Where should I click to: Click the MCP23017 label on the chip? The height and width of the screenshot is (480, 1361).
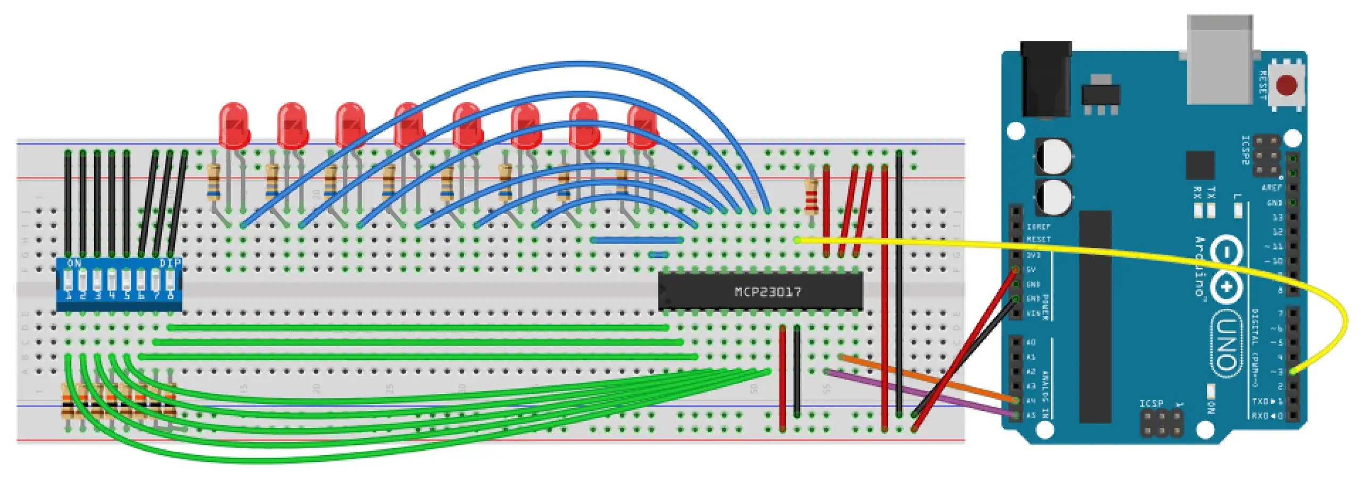(767, 292)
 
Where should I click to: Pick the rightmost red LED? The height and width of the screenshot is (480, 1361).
(642, 127)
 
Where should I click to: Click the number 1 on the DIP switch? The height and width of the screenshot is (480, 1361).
(68, 295)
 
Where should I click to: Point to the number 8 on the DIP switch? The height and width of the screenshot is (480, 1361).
(170, 295)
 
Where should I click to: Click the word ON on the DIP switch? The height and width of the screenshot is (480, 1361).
(74, 263)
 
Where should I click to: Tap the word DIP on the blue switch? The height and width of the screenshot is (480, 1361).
(170, 263)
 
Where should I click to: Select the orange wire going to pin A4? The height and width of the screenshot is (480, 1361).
(925, 378)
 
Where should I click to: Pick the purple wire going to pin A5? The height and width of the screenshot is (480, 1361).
(920, 393)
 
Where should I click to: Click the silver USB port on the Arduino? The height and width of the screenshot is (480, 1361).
(1220, 58)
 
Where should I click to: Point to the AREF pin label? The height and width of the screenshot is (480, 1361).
(1272, 188)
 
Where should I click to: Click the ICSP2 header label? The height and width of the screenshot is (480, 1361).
(1245, 150)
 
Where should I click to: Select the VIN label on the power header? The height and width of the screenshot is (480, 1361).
(1032, 314)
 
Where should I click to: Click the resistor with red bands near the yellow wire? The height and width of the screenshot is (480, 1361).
(811, 196)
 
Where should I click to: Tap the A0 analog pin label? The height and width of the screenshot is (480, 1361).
(1031, 342)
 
